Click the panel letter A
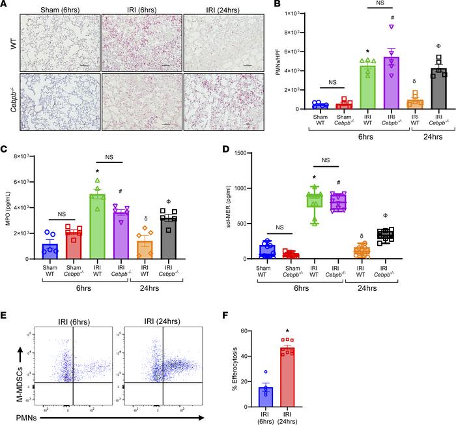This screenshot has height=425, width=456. coord(5,6)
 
